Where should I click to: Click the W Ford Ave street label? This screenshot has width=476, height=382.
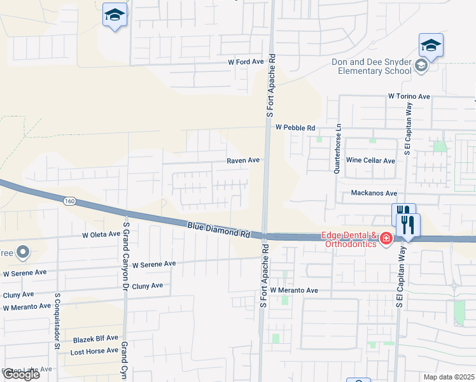[x=246, y=62]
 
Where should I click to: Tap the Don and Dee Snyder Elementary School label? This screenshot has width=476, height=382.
[x=372, y=66]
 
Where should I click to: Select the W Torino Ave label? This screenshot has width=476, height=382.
[x=409, y=96]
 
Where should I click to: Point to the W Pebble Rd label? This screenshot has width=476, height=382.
[x=295, y=128]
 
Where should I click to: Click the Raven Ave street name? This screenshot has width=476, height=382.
[x=243, y=160]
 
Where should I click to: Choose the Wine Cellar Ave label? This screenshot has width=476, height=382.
[x=370, y=160]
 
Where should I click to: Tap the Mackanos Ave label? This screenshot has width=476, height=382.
[x=374, y=193]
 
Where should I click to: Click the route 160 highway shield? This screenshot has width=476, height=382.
[x=69, y=201]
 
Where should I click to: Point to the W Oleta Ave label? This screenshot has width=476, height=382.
[x=101, y=234]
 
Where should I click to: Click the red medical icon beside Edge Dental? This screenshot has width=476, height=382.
[x=386, y=239]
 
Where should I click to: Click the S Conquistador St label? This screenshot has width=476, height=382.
[x=57, y=322]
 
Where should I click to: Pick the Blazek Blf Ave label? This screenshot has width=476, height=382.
[x=95, y=338]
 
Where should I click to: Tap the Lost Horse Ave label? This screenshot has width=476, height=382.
[x=94, y=351]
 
